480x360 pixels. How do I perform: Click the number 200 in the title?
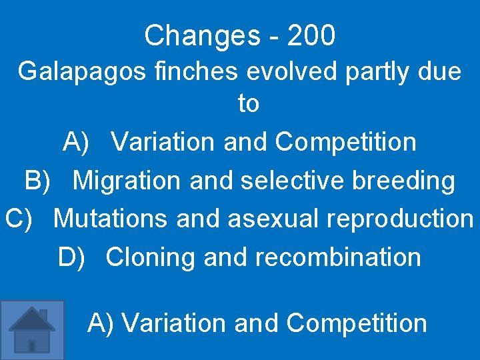pos(311,36)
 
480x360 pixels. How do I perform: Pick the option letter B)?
pos(37,180)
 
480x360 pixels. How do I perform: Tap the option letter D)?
pos(72,257)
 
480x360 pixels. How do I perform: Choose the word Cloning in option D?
pos(151,257)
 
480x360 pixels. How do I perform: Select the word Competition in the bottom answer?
pos(357,323)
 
